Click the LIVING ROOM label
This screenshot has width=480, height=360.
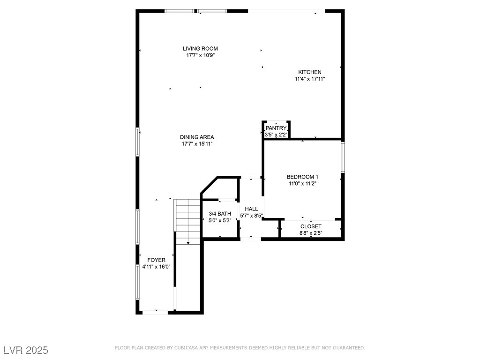pyautogui.click(x=200, y=48)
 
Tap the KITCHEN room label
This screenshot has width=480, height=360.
pyautogui.click(x=310, y=72)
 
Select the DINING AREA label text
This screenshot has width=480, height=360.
pyautogui.click(x=197, y=137)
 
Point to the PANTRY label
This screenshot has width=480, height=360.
pyautogui.click(x=276, y=128)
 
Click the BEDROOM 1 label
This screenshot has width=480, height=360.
pyautogui.click(x=302, y=177)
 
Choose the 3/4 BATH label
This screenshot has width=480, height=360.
pyautogui.click(x=220, y=214)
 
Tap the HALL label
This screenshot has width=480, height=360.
pyautogui.click(x=251, y=209)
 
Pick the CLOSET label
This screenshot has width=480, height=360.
pyautogui.click(x=311, y=226)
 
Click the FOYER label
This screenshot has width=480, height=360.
pyautogui.click(x=156, y=260)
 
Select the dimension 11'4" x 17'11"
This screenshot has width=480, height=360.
pyautogui.click(x=310, y=79)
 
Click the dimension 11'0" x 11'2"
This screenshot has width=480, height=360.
pyautogui.click(x=302, y=184)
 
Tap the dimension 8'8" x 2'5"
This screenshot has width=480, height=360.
pyautogui.click(x=311, y=233)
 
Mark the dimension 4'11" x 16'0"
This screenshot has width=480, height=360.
pyautogui.click(x=156, y=267)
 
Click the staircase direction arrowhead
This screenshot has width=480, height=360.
pyautogui.click(x=188, y=243)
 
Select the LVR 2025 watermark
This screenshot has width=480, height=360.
pyautogui.click(x=26, y=350)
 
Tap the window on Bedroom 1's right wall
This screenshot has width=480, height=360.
pyautogui.click(x=343, y=157)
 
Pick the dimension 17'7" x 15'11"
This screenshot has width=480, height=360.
pyautogui.click(x=197, y=144)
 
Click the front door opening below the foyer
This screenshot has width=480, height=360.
pyautogui.click(x=155, y=312)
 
